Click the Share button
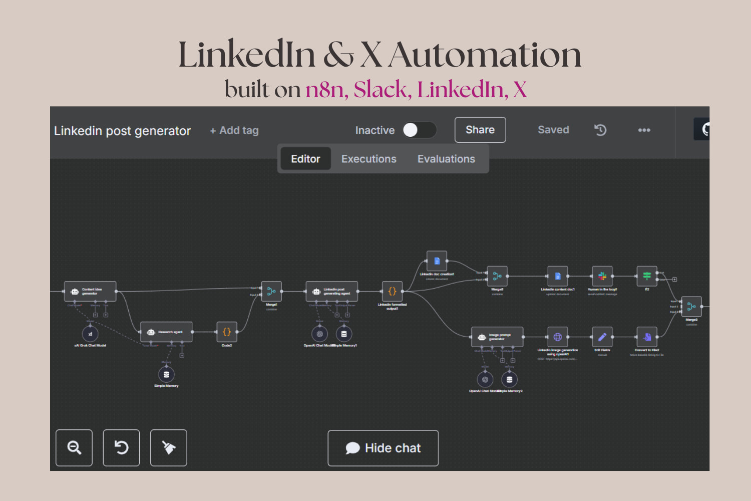tap(480, 130)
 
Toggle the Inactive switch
tap(420, 130)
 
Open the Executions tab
tap(369, 159)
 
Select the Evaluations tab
tap(446, 159)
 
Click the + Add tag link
tap(234, 131)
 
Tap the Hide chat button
tap(383, 448)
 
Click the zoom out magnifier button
tap(74, 448)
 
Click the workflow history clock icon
tap(600, 130)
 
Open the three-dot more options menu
tap(644, 130)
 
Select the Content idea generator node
tap(90, 292)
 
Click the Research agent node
tap(166, 332)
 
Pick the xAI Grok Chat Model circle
tap(90, 334)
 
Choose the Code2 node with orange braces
tap(227, 332)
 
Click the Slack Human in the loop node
tap(602, 276)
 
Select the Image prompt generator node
tap(497, 337)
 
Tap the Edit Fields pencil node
tap(602, 337)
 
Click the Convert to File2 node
tap(647, 337)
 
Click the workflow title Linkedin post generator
tap(123, 131)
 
